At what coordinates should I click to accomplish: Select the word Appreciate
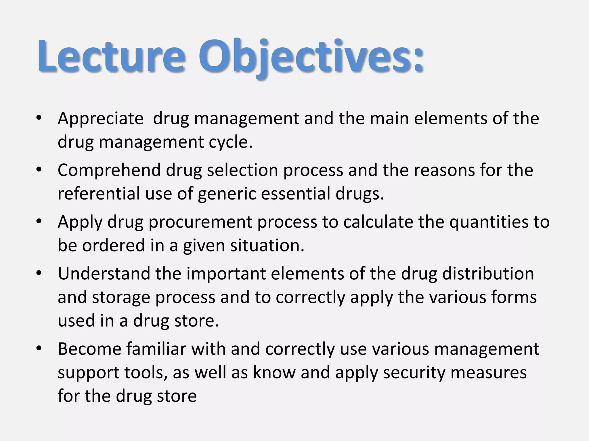pyautogui.click(x=100, y=119)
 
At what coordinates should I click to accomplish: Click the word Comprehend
pyautogui.click(x=109, y=170)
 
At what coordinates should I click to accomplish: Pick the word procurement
pyautogui.click(x=200, y=222)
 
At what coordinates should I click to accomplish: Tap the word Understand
pyautogui.click(x=104, y=274)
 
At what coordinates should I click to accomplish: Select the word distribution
pyautogui.click(x=488, y=274)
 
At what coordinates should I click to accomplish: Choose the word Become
pyautogui.click(x=89, y=349)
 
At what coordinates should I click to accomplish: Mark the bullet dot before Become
pyautogui.click(x=39, y=349)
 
